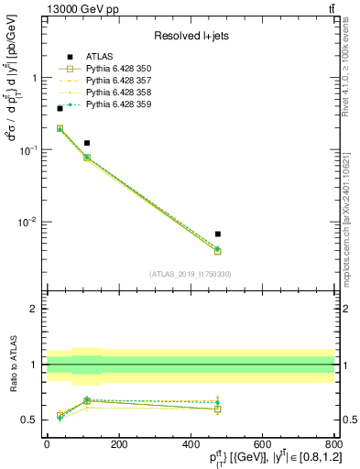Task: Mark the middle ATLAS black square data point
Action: pyautogui.click(x=87, y=143)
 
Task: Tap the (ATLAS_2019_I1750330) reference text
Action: pyautogui.click(x=191, y=273)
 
